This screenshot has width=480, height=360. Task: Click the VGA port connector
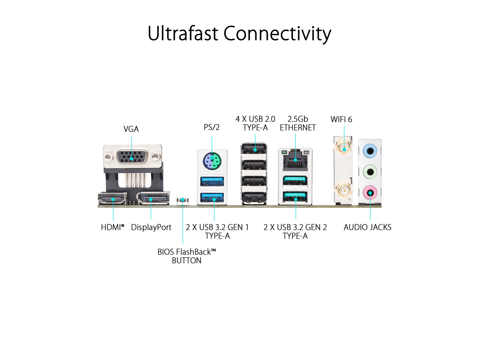pos(132,156)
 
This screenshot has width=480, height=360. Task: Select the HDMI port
pos(112,198)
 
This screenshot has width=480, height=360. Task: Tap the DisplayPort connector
pos(153,198)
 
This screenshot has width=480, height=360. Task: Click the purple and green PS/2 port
pos(212,160)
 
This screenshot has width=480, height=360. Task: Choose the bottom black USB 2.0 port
pos(254,198)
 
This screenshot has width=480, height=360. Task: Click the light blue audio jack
pos(370,151)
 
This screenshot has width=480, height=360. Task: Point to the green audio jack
pos(370,172)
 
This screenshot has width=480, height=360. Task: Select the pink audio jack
pos(370,193)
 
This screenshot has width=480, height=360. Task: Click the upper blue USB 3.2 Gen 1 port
pos(212,181)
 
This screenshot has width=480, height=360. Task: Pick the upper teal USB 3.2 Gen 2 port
pos(295,181)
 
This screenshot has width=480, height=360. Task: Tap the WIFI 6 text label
pos(341,119)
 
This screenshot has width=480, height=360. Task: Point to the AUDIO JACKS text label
pos(367,227)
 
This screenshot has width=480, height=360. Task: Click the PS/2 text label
pos(211,127)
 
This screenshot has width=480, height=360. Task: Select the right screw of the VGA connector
pos(156,156)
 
